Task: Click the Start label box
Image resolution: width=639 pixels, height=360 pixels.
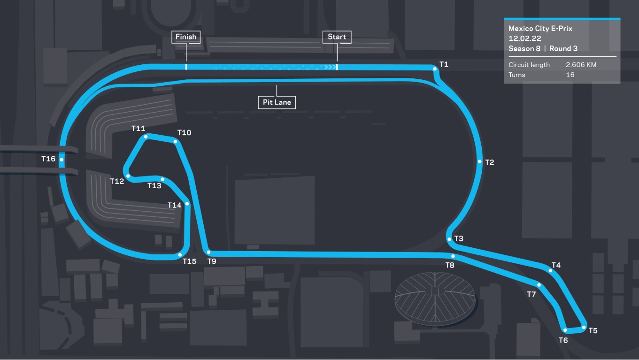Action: [x=337, y=37]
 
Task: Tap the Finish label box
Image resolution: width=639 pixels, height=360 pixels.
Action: [x=186, y=37]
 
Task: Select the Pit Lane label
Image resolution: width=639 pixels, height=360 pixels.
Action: [x=277, y=102]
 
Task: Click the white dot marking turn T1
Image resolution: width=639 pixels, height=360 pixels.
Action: [x=434, y=69]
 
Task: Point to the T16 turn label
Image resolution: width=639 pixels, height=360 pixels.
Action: [x=48, y=159]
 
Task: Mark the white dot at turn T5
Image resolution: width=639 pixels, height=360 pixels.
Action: [x=584, y=328]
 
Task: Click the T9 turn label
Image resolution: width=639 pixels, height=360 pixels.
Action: [x=212, y=261]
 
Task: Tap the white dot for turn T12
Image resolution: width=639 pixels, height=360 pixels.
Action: [x=128, y=176]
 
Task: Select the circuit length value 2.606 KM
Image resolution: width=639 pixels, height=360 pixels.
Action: [x=581, y=65]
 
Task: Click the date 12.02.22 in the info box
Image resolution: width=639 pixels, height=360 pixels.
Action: [x=524, y=38]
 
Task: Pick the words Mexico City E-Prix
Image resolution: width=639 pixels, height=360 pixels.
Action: [x=540, y=29]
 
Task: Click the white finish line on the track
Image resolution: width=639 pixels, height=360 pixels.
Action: [x=186, y=67]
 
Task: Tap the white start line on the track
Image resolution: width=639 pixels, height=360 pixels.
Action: [x=337, y=67]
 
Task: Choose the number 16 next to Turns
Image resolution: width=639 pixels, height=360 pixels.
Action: [x=570, y=75]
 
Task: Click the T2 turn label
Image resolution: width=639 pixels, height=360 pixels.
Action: [x=490, y=162]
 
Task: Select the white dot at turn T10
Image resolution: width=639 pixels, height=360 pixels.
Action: [x=175, y=141]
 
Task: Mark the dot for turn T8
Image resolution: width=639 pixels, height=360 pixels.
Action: [x=453, y=256]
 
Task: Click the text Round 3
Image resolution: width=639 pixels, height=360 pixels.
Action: [x=563, y=48]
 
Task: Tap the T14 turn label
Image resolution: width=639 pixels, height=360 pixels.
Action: [x=174, y=205]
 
